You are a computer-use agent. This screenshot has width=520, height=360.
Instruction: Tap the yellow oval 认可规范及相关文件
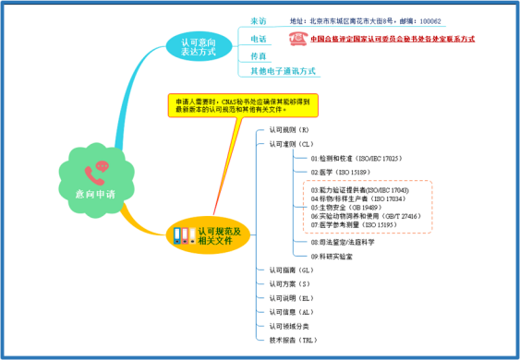219,235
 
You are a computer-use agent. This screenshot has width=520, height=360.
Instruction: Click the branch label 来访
260,20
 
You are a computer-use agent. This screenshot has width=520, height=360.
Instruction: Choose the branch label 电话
260,39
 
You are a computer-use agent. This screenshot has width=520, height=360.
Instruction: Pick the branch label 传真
260,55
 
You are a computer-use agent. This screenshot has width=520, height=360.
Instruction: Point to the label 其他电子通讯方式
284,71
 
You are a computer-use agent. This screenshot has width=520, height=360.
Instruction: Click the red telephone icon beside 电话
297,39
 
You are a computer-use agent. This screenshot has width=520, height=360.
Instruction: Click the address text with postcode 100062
365,20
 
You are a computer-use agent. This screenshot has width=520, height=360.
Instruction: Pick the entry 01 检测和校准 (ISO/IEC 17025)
356,159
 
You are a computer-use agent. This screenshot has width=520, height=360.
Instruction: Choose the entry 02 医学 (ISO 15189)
342,173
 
